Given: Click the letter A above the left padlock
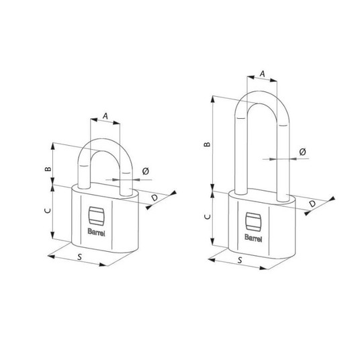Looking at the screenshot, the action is tap(105, 116).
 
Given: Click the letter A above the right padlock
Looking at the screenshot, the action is tap(262, 74).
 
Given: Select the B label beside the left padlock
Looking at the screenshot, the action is tap(48, 169).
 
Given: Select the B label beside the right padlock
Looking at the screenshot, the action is tap(208, 144).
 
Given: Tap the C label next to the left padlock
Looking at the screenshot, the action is tap(48, 210).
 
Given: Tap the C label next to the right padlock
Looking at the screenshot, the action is tap(208, 216).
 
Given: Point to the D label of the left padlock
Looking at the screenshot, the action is tap(154, 197).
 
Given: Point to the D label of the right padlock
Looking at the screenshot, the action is tap(312, 204).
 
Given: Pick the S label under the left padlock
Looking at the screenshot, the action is tap(79, 257).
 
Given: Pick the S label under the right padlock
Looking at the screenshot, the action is tap(240, 260).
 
